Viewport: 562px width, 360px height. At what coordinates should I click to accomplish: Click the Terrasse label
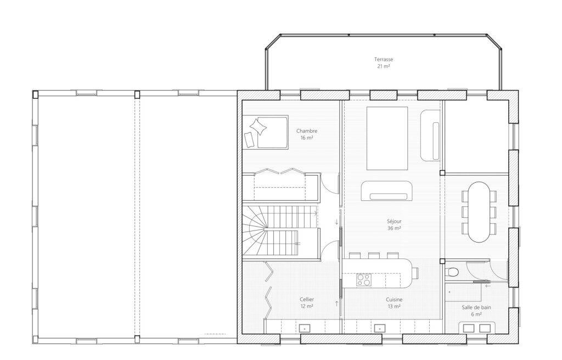click(x=384, y=59)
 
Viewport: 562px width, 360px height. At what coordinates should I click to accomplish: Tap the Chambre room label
click(x=307, y=131)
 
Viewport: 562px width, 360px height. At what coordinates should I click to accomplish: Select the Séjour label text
click(x=394, y=221)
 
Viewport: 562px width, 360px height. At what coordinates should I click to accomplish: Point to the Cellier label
click(x=307, y=300)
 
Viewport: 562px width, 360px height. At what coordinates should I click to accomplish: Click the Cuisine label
click(x=394, y=300)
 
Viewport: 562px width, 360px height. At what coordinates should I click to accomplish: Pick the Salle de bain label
click(x=476, y=307)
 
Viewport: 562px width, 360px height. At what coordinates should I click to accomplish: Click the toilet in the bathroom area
click(x=452, y=272)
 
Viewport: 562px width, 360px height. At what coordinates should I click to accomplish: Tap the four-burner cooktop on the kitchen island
click(x=363, y=280)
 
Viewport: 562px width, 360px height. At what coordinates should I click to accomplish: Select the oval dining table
click(x=479, y=212)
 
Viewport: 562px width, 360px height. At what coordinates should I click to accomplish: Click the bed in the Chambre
click(x=266, y=132)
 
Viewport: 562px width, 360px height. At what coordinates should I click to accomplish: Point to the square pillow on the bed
click(x=258, y=127)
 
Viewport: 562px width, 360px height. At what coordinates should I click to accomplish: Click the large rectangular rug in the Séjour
click(x=387, y=138)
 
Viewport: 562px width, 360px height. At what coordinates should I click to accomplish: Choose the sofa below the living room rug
click(x=387, y=191)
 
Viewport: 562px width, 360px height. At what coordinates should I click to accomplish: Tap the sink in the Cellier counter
click(x=305, y=328)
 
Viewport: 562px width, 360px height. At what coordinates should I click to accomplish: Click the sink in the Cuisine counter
click(x=379, y=328)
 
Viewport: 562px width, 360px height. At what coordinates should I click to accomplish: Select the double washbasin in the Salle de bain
click(x=477, y=328)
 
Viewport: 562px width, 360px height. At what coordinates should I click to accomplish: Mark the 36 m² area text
click(x=394, y=228)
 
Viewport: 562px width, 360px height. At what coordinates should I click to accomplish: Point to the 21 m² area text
click(x=384, y=66)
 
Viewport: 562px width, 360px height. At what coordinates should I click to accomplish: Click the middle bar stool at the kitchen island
click(x=373, y=255)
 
